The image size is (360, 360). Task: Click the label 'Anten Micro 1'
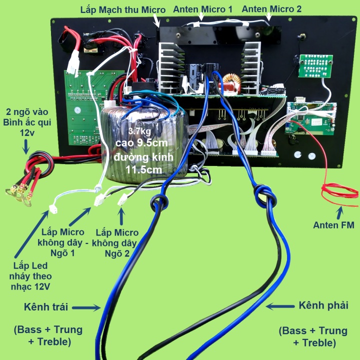[x=202, y=9]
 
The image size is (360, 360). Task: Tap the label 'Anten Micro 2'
[x=271, y=9]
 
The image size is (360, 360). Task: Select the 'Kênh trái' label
[x=45, y=306]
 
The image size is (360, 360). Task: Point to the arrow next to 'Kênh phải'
[x=279, y=305]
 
